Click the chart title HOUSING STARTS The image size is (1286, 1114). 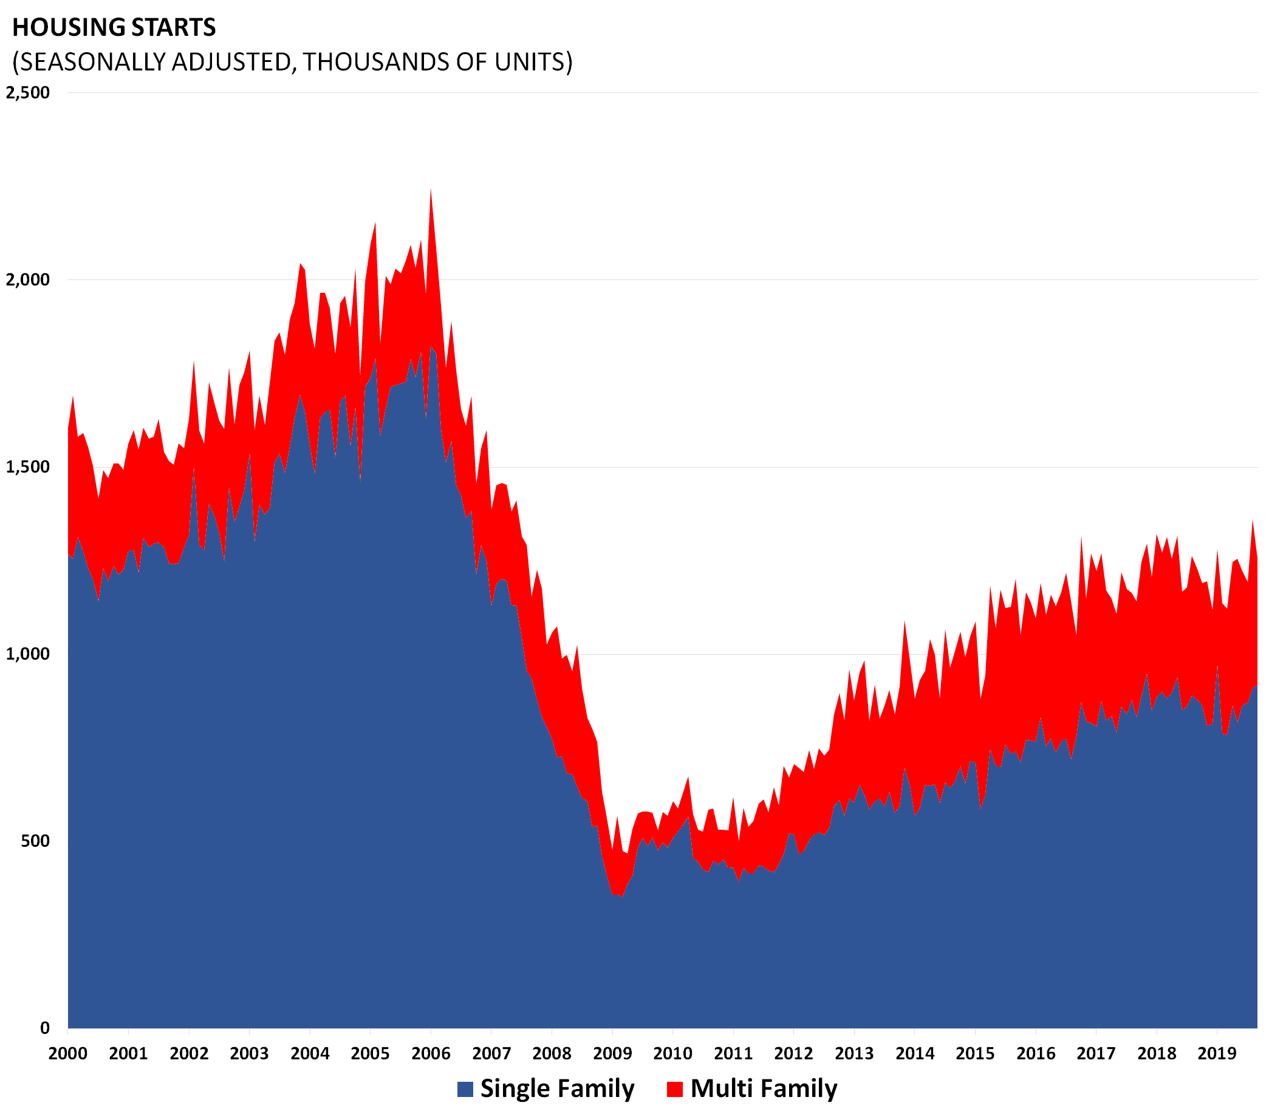pyautogui.click(x=114, y=27)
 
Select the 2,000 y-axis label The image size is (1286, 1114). pyautogui.click(x=27, y=280)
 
